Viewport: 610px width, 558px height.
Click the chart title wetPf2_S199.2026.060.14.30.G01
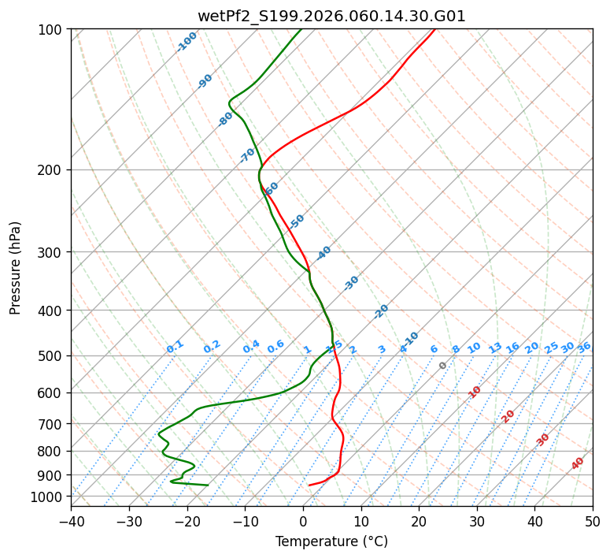[x=331, y=16]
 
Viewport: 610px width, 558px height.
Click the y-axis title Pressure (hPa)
[x=16, y=267]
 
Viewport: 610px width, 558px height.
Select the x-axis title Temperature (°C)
[x=331, y=541]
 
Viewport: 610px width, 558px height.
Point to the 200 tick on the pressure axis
[x=51, y=169]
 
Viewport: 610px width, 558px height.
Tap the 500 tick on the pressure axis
[x=51, y=355]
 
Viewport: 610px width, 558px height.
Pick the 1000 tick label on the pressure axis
[x=48, y=497]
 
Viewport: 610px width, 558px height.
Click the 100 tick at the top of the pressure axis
[x=51, y=29]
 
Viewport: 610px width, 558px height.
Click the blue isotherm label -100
[x=187, y=42]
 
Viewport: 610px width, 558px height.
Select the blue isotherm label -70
[x=247, y=155]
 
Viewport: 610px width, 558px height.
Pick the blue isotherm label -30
[x=351, y=283]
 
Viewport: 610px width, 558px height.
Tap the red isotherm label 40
[x=578, y=463]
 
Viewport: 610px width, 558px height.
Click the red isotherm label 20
[x=508, y=416]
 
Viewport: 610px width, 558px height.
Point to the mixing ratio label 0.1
[x=175, y=346]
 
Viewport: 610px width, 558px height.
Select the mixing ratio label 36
[x=584, y=347]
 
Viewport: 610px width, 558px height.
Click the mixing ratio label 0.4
[x=251, y=347]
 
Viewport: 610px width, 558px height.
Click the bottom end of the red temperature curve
[x=309, y=485]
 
